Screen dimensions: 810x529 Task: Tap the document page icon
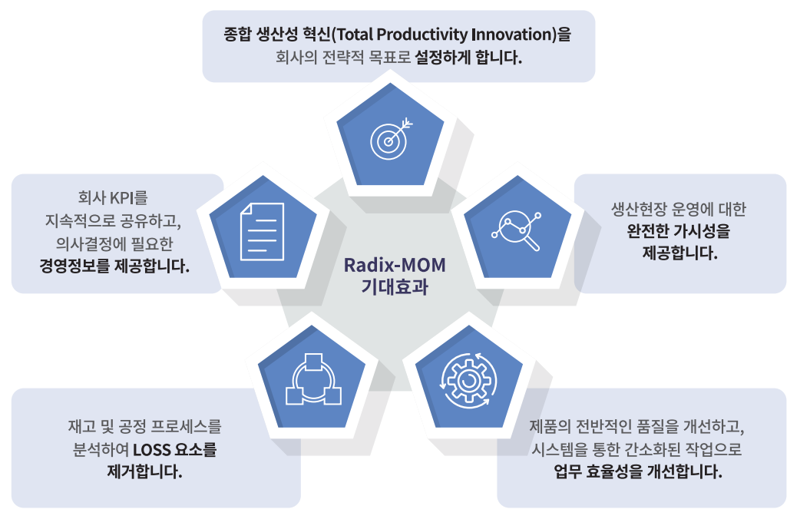pos(262,231)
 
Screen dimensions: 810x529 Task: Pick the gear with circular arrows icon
pos(468,381)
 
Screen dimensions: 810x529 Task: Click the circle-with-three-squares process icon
pos(313,380)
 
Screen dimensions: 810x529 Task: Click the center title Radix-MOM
pos(395,265)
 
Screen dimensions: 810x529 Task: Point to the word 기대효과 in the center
pos(395,286)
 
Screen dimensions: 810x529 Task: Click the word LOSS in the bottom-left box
pos(151,449)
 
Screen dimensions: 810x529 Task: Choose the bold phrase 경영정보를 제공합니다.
pos(114,266)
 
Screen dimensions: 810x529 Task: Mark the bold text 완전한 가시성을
pos(678,230)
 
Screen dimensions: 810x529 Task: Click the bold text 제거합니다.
pos(144,471)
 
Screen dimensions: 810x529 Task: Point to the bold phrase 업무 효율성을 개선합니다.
pos(638,471)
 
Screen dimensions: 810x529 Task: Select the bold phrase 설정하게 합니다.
pos(468,57)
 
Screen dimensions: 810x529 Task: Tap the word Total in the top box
pos(354,35)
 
